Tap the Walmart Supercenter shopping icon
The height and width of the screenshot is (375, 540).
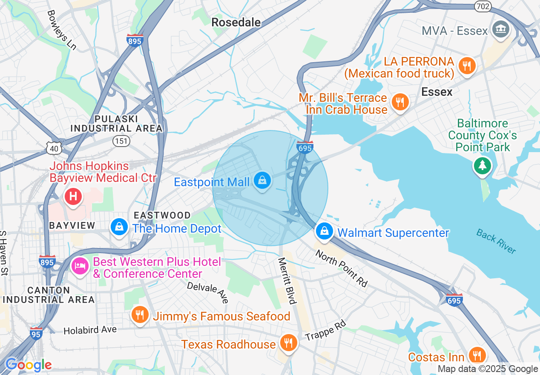[325, 232]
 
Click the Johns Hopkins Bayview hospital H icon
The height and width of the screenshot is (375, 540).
[73, 196]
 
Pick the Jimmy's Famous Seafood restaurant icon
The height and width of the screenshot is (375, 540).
[139, 315]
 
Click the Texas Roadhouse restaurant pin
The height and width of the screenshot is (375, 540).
[288, 343]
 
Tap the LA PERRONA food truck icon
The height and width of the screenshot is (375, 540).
[467, 66]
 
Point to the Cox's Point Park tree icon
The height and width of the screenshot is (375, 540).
[483, 165]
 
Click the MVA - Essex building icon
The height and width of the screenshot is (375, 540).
[501, 30]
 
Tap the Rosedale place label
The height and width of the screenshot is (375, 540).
[236, 22]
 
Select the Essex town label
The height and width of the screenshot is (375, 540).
[437, 92]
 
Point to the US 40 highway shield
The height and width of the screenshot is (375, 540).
[55, 148]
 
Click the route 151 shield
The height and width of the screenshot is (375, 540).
[121, 141]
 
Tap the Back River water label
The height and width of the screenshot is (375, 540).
[496, 241]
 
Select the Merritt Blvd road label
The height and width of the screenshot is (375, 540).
[287, 281]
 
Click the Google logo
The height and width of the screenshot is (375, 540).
[29, 365]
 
